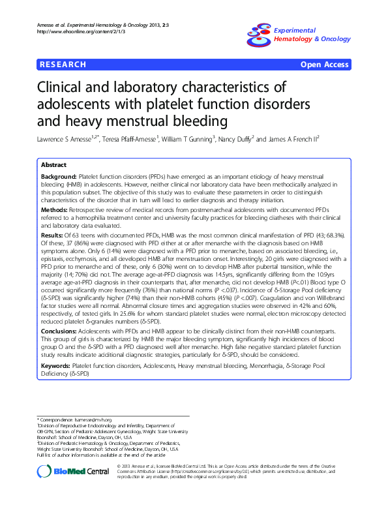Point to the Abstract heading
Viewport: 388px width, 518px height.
53,165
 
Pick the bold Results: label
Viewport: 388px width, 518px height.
53,234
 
